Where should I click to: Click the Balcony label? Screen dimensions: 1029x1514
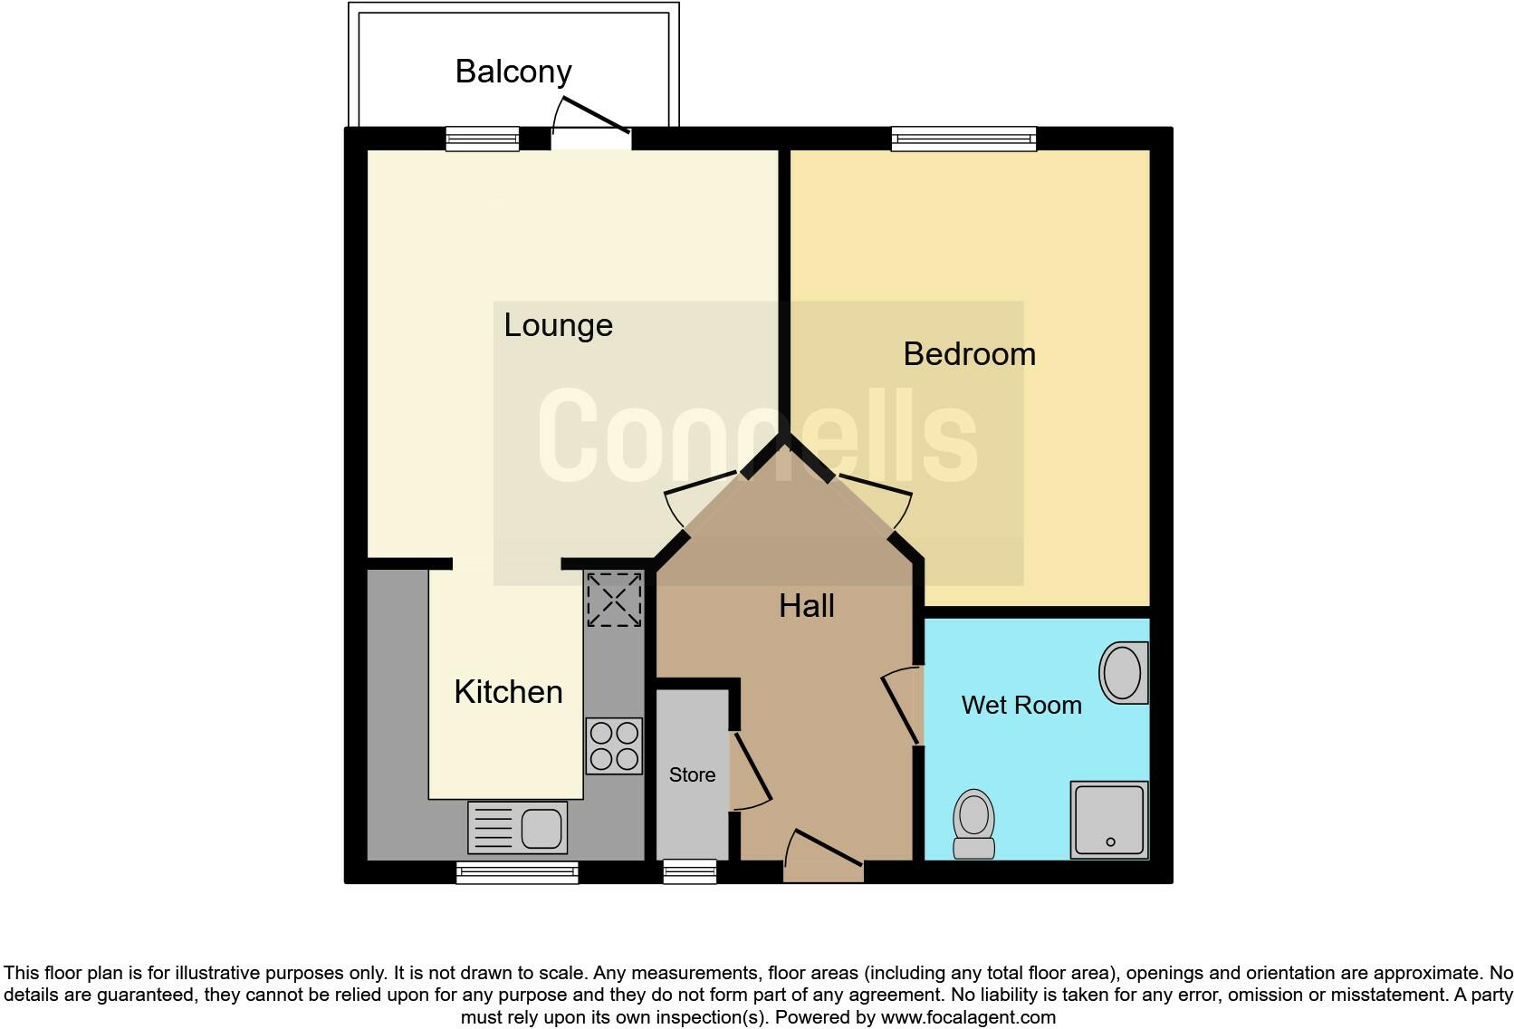point(513,72)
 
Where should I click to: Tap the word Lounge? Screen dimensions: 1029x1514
point(558,325)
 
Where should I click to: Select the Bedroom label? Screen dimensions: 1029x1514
point(969,354)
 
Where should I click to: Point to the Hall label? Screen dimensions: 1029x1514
point(806,606)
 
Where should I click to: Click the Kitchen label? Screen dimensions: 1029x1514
point(508,692)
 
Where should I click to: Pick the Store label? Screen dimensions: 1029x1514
point(692,775)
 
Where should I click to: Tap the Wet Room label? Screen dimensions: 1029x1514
point(1021,705)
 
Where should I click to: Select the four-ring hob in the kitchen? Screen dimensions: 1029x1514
point(614,745)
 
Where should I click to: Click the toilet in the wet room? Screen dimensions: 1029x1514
point(974,823)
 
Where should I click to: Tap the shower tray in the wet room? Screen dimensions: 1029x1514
point(1109,820)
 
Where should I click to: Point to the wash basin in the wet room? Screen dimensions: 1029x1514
point(1124,673)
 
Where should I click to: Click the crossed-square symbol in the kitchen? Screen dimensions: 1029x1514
point(614,599)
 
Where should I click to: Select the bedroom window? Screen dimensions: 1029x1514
point(963,139)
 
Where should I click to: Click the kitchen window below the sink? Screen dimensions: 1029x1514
point(518,873)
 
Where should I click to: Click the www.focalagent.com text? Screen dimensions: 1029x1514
point(968,1017)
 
